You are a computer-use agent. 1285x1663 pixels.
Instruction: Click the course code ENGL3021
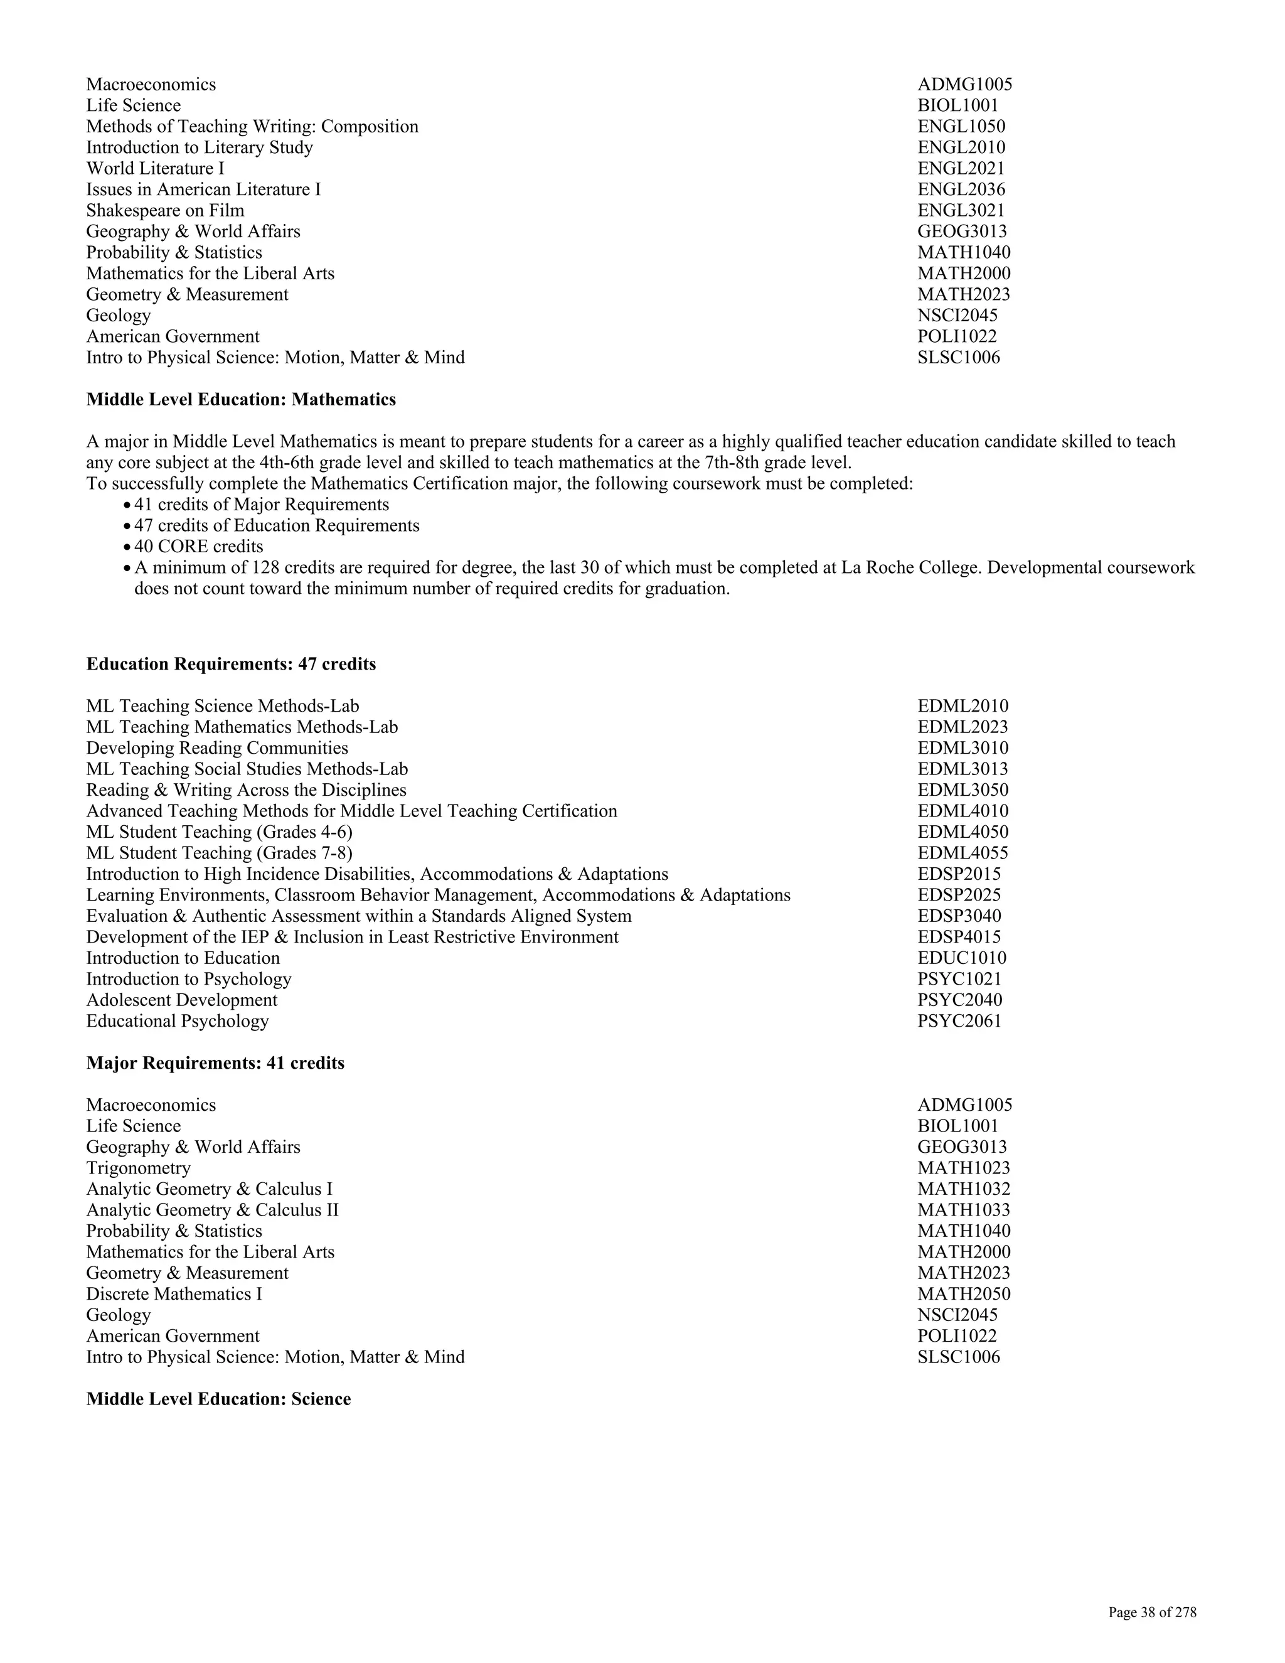[961, 211]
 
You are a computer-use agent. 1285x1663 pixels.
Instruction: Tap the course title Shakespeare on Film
[165, 211]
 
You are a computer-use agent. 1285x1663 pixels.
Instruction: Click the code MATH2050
[964, 1295]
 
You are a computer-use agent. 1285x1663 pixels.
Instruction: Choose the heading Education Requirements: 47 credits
[231, 665]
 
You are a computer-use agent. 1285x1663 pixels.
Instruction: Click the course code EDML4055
[962, 853]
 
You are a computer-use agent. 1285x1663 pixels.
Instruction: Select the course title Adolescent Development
[181, 1000]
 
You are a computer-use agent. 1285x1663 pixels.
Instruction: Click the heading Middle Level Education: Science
[218, 1399]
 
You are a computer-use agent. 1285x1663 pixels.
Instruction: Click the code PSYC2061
[959, 1022]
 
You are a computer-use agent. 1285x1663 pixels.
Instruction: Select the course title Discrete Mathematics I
[174, 1295]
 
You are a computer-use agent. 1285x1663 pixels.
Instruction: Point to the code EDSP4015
[959, 938]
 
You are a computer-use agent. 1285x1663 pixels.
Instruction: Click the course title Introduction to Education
[183, 959]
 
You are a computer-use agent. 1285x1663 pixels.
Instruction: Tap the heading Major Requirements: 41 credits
[215, 1064]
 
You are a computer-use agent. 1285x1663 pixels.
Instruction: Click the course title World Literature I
[156, 169]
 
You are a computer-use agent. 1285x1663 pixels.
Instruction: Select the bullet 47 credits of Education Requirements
[276, 526]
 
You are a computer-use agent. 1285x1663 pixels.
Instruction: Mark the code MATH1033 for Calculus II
[964, 1211]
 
